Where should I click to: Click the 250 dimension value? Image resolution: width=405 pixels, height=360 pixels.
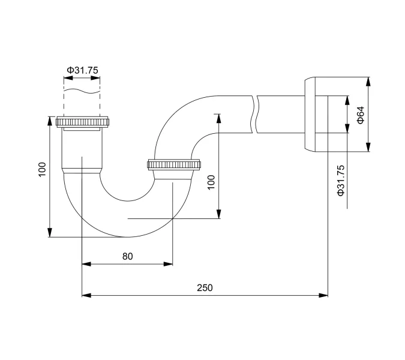tap(205, 287)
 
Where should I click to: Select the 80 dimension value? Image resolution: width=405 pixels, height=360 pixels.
tap(127, 256)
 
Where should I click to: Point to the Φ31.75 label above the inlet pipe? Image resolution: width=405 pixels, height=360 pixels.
tap(82, 70)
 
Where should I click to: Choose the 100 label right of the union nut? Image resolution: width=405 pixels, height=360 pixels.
tap(211, 182)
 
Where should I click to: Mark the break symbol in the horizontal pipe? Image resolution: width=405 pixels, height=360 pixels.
tap(256, 114)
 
